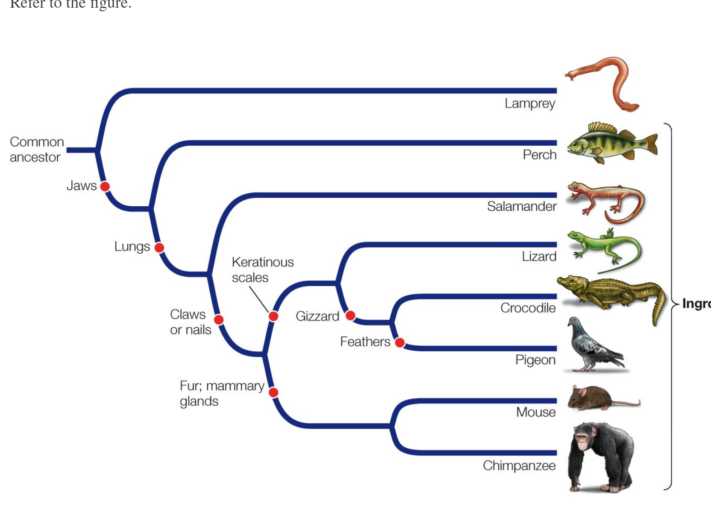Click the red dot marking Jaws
pyautogui.click(x=105, y=186)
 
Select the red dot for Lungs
pyautogui.click(x=159, y=247)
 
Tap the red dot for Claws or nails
pyautogui.click(x=219, y=320)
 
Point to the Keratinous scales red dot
pyautogui.click(x=273, y=316)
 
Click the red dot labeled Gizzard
pyautogui.click(x=351, y=315)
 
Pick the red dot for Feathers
pyautogui.click(x=400, y=343)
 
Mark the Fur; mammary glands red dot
pyautogui.click(x=273, y=392)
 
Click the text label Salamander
pyautogui.click(x=522, y=206)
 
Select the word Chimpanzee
pyautogui.click(x=519, y=465)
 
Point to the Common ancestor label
pyautogui.click(x=36, y=149)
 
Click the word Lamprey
pyautogui.click(x=530, y=103)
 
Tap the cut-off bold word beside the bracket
pyautogui.click(x=696, y=303)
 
